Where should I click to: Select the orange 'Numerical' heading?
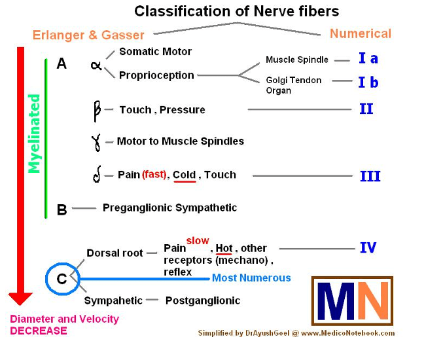(361, 33)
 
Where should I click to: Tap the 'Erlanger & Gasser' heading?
(88, 34)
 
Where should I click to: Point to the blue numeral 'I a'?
(368, 59)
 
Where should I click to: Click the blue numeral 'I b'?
(368, 82)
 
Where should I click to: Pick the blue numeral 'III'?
(370, 176)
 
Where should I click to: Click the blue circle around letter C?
(62, 279)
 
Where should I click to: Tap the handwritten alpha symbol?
(96, 65)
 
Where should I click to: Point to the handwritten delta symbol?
(97, 175)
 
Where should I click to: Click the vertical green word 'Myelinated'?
(34, 134)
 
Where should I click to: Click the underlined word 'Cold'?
(185, 175)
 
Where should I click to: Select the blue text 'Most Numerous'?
(251, 278)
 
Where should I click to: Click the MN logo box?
(352, 301)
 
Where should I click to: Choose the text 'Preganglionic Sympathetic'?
(169, 207)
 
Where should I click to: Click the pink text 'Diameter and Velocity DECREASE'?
(64, 325)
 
